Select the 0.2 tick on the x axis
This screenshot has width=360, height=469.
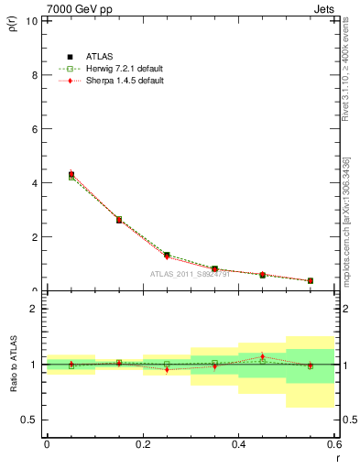pos(143,443)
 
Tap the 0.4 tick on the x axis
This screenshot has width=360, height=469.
pos(239,443)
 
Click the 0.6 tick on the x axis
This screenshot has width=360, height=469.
pos(335,443)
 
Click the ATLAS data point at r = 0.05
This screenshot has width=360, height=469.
pos(71,174)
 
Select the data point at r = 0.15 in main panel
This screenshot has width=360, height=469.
pos(119,220)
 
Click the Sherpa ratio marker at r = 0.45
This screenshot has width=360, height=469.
pos(263,356)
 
